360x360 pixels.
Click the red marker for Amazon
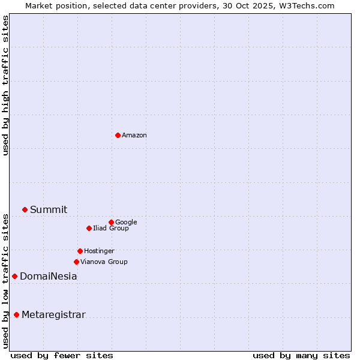pyautogui.click(x=118, y=135)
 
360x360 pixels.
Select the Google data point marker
pyautogui.click(x=111, y=222)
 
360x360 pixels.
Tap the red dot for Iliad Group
pyautogui.click(x=89, y=228)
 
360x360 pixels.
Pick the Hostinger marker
pyautogui.click(x=80, y=251)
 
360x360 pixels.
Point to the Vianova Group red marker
pyautogui.click(x=76, y=262)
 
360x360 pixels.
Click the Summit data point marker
pyautogui.click(x=25, y=209)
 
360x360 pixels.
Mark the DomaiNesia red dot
pyautogui.click(x=14, y=276)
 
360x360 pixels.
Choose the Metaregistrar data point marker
pyautogui.click(x=16, y=314)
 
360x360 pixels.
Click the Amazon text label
pyautogui.click(x=134, y=136)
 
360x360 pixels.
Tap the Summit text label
pyautogui.click(x=49, y=209)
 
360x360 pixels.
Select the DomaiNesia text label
pyautogui.click(x=48, y=277)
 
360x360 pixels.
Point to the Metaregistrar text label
pyautogui.click(x=53, y=315)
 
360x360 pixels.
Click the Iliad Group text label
pyautogui.click(x=111, y=228)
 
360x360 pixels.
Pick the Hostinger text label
pyautogui.click(x=99, y=251)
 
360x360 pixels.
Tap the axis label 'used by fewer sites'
pyautogui.click(x=62, y=355)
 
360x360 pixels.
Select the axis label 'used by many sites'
pyautogui.click(x=301, y=355)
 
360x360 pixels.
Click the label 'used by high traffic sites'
pyautogui.click(x=5, y=85)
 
